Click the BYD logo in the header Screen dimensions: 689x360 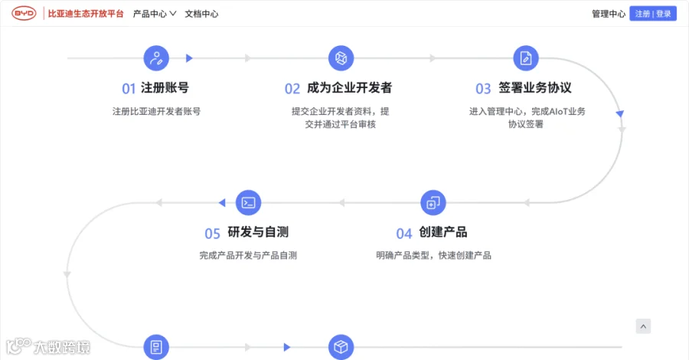click(x=24, y=14)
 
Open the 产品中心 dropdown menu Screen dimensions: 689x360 click(x=155, y=14)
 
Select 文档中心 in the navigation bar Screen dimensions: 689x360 click(x=201, y=14)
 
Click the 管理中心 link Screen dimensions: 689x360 click(x=609, y=14)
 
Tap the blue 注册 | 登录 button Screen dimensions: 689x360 click(x=653, y=14)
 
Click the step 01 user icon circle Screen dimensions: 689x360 click(x=156, y=58)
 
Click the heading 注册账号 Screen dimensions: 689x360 click(x=165, y=88)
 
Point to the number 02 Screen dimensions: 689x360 click(x=292, y=89)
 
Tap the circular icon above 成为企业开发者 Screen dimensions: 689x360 click(x=341, y=58)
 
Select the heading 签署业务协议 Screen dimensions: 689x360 click(x=535, y=88)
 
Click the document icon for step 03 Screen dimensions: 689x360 click(x=526, y=58)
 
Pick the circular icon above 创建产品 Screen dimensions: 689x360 click(x=433, y=203)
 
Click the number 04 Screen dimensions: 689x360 click(x=404, y=234)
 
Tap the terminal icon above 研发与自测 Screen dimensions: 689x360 click(x=248, y=203)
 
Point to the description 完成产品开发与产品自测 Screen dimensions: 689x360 click(x=248, y=255)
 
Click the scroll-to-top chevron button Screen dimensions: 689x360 click(x=643, y=326)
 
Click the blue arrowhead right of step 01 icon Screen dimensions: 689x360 click(x=189, y=58)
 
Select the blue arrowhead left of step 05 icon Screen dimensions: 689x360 click(x=222, y=203)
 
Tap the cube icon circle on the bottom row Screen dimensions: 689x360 click(x=341, y=347)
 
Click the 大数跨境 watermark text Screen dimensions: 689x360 click(x=62, y=347)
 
